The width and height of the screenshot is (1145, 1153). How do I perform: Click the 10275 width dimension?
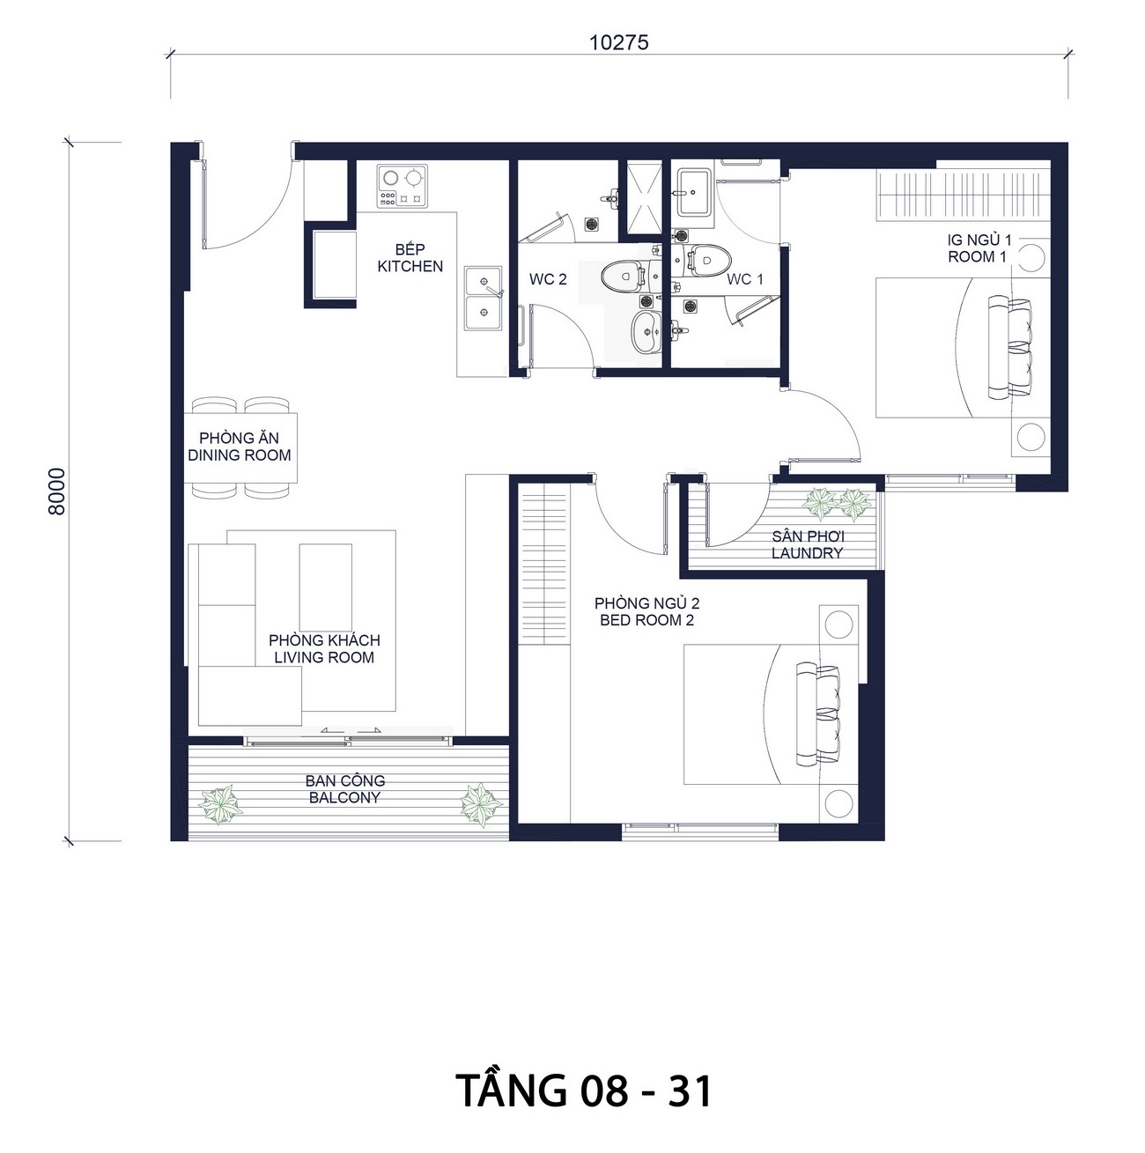(x=619, y=43)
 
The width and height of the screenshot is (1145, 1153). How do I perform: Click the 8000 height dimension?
(x=57, y=492)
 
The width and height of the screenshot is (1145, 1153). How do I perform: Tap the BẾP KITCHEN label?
(x=410, y=258)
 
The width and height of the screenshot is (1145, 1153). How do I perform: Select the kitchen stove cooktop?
(x=402, y=186)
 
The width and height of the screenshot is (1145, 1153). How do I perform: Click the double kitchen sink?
(x=483, y=298)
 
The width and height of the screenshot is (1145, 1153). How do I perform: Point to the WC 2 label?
(x=548, y=279)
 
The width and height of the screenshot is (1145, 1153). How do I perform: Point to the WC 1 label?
(x=745, y=279)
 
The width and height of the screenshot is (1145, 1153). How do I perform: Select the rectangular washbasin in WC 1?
(x=694, y=192)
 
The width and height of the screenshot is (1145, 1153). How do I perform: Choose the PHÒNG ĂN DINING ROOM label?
(x=240, y=447)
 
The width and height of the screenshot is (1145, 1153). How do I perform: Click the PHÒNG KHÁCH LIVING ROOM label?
(x=324, y=648)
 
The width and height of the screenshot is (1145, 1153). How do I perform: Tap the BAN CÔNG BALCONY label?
(x=344, y=788)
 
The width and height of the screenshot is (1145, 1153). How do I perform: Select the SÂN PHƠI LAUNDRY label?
(x=807, y=544)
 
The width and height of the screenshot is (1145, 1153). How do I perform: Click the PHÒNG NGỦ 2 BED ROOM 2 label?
(x=647, y=611)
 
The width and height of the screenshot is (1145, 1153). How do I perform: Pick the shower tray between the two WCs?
(x=644, y=196)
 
